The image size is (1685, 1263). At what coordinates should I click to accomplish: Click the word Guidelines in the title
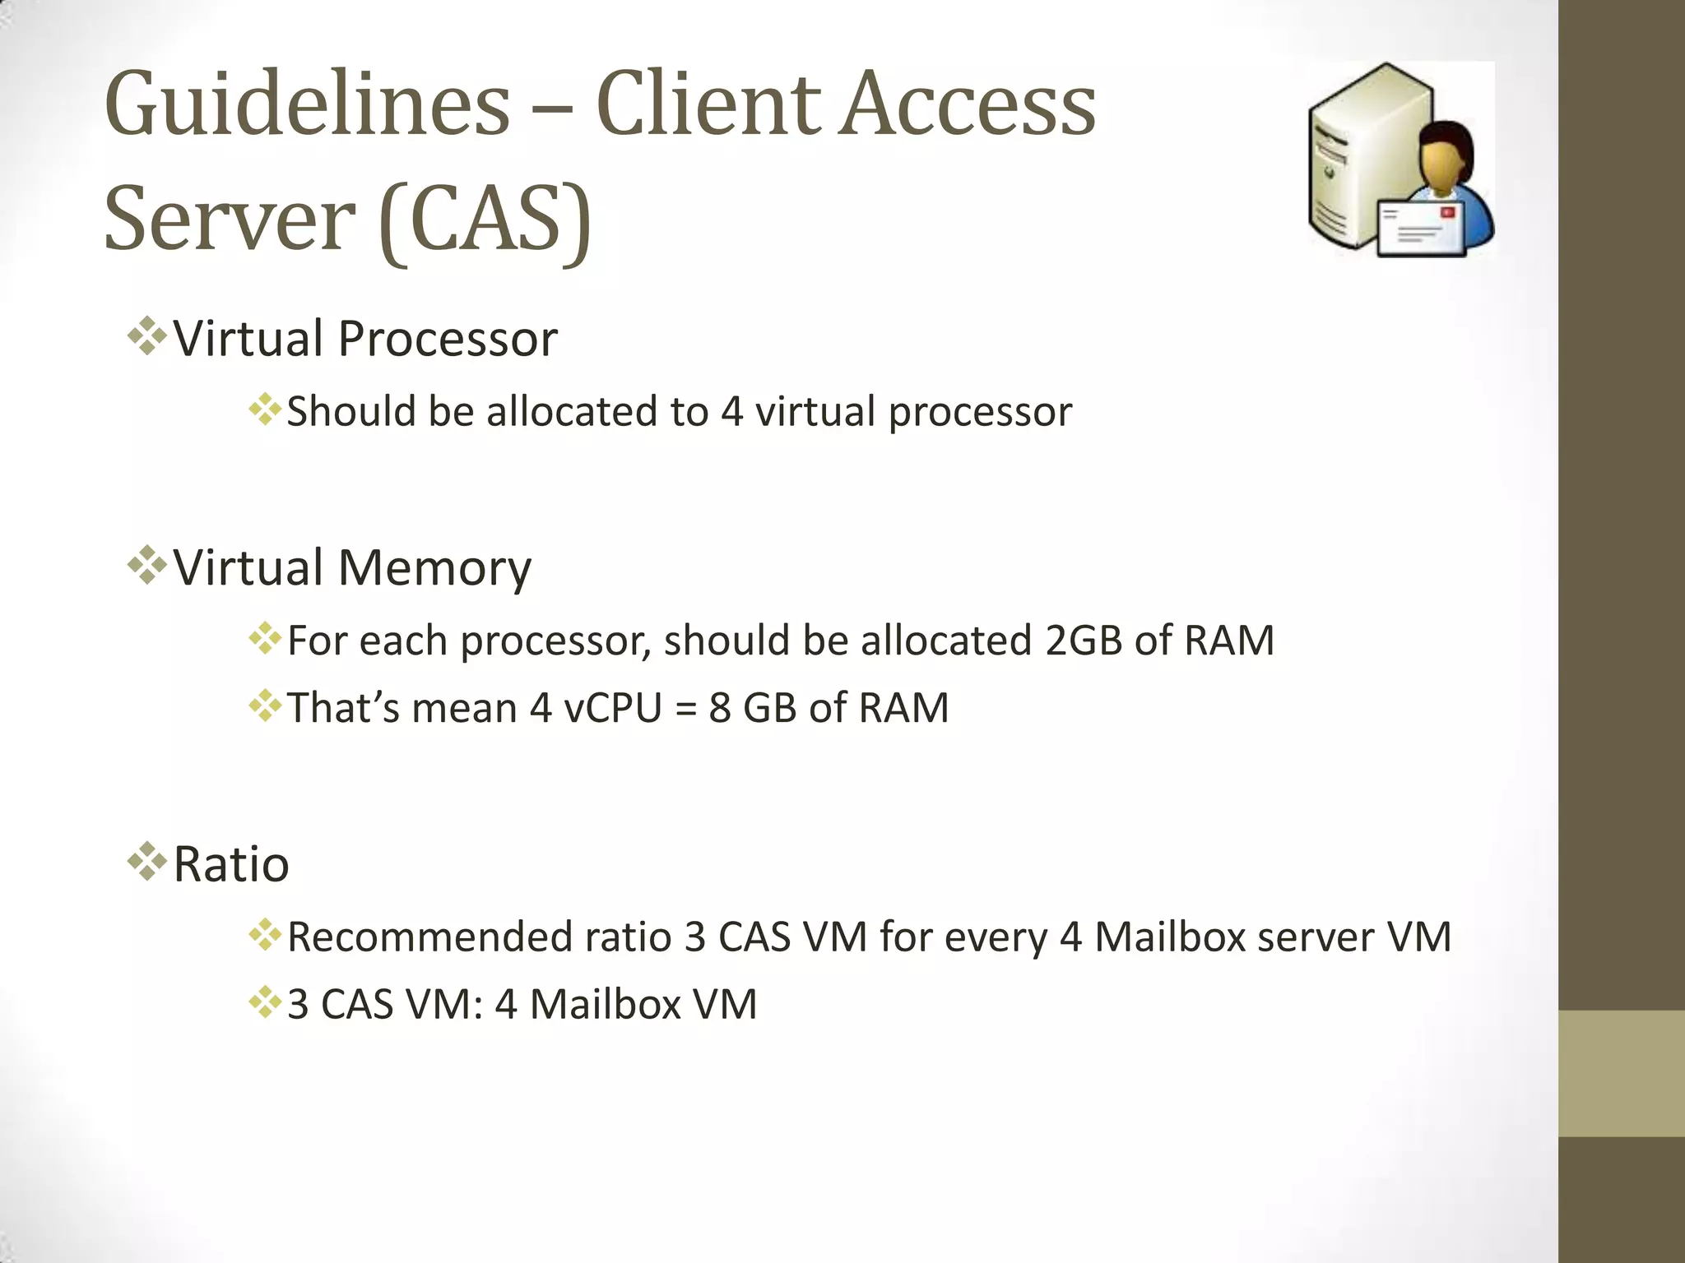pyautogui.click(x=308, y=105)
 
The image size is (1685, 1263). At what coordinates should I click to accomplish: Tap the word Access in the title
pyautogui.click(x=968, y=105)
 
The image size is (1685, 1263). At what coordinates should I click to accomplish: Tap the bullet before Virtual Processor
pyautogui.click(x=146, y=336)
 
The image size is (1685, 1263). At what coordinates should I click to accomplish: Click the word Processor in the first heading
pyautogui.click(x=448, y=338)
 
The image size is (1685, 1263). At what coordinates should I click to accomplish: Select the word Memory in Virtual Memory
pyautogui.click(x=434, y=567)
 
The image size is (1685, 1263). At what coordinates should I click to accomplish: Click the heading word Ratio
pyautogui.click(x=231, y=864)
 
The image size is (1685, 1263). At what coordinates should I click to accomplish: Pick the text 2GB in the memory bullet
pyautogui.click(x=1084, y=640)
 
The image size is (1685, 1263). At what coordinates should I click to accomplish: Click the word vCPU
pyautogui.click(x=612, y=707)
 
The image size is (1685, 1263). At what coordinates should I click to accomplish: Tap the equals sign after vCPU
pyautogui.click(x=685, y=709)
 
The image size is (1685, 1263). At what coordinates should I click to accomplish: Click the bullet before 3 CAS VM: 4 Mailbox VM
pyautogui.click(x=265, y=1003)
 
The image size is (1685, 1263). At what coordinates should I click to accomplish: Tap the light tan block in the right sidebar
pyautogui.click(x=1621, y=1072)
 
